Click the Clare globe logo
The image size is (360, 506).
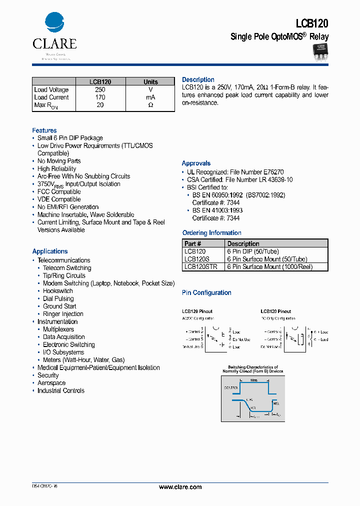54,23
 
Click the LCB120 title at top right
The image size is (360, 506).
312,23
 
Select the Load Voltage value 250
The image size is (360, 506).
100,90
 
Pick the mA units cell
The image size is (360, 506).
150,97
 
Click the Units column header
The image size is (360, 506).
150,82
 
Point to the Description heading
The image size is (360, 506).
198,80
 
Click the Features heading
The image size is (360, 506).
44,130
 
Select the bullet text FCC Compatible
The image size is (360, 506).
59,192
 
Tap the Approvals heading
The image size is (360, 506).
196,163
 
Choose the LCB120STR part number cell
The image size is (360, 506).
200,267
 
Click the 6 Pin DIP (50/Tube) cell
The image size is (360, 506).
253,251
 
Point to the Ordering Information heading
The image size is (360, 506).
211,233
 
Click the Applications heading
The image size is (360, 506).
50,251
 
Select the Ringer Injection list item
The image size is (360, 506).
63,314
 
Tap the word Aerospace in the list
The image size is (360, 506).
51,383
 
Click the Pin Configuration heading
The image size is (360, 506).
206,293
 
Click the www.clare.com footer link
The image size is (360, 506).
180,487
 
